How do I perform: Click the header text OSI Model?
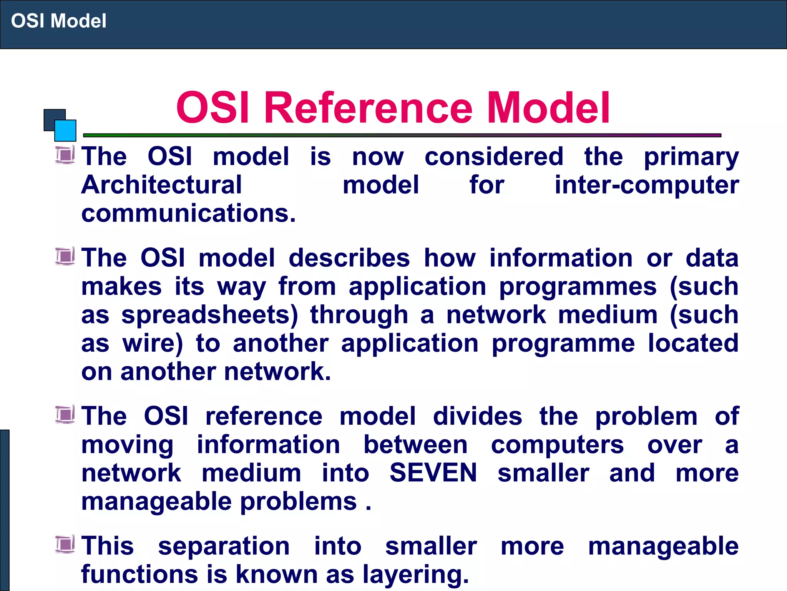coord(58,21)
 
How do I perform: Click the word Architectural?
coord(161,185)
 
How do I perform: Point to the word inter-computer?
coord(646,185)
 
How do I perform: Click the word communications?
coord(188,214)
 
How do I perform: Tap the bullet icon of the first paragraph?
coord(65,155)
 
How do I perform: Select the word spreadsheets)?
coord(209,315)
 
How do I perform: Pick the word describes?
coord(349,258)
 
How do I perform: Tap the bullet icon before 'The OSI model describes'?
coord(65,256)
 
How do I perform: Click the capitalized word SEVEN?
coord(433,472)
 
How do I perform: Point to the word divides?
coord(477,416)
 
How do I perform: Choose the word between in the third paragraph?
coord(415,445)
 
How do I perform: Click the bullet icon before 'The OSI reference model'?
coord(65,415)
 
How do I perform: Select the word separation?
coord(224,546)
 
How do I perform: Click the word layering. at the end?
coord(416,574)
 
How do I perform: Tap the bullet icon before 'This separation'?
coord(65,544)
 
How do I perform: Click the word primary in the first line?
coord(691,157)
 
